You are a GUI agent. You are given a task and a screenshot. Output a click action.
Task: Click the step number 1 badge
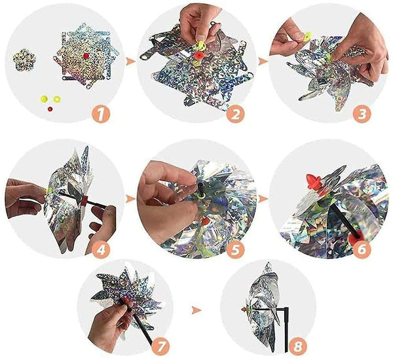point(101,115)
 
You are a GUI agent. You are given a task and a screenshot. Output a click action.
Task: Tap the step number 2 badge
point(236,114)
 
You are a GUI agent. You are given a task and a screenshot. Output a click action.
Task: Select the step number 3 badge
point(362,114)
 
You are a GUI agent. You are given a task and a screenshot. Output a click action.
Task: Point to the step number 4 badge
point(101,249)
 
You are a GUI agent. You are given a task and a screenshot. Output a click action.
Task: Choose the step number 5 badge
point(236,249)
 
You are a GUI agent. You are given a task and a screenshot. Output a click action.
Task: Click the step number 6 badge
point(362,249)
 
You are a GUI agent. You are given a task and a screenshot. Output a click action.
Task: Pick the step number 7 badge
point(160,346)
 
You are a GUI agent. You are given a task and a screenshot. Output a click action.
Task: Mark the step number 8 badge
point(298,347)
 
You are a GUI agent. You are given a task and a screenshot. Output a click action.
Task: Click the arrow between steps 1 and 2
point(130,62)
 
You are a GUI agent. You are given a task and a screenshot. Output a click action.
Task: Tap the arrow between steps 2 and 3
point(262,62)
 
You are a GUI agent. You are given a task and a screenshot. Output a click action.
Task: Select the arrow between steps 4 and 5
point(130,199)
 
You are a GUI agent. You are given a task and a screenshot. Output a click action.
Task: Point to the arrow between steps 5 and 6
point(263,199)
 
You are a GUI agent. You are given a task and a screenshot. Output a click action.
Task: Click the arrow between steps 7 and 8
point(196,311)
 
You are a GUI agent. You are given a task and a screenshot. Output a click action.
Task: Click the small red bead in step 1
point(50,109)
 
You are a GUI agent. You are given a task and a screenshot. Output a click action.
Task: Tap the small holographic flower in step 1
point(24,60)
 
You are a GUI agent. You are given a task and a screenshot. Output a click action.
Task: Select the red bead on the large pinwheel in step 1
point(86,56)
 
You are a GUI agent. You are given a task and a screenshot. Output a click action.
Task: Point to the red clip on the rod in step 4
point(84,201)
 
